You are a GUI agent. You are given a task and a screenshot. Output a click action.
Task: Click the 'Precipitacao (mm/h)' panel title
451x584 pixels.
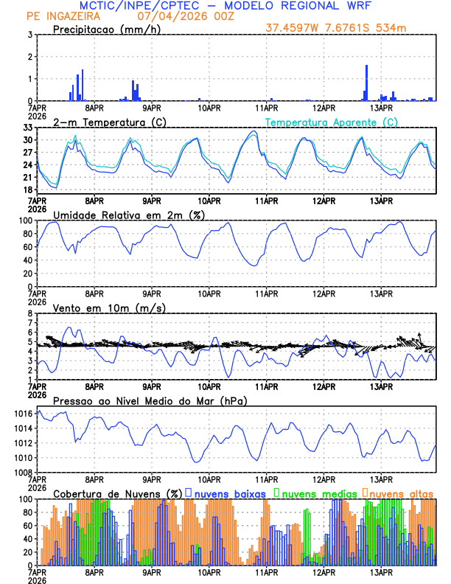pyautogui.click(x=105, y=29)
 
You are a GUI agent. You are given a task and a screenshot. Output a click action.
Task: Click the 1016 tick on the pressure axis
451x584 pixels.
pyautogui.click(x=22, y=415)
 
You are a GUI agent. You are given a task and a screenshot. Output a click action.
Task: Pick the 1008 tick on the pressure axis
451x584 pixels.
pyautogui.click(x=22, y=472)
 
